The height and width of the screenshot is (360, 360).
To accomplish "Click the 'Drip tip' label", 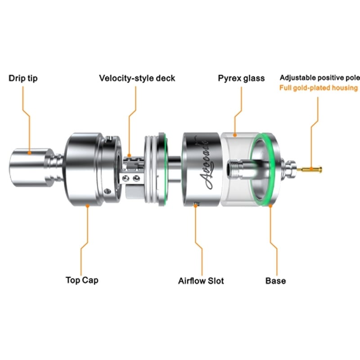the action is [x=23, y=78].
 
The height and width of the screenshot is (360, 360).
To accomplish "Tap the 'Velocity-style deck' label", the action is [x=137, y=78].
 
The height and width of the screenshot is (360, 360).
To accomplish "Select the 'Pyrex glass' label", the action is [x=241, y=78].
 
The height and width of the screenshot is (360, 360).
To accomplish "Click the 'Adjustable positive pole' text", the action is [x=320, y=78].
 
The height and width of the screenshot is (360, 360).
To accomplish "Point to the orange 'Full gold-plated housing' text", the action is [x=319, y=88].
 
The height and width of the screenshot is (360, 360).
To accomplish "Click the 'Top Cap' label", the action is [x=82, y=280].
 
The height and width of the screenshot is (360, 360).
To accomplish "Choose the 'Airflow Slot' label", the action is [x=201, y=281].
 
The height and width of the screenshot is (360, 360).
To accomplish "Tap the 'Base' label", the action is [x=275, y=281].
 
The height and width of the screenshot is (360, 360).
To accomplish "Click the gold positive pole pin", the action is [x=310, y=170].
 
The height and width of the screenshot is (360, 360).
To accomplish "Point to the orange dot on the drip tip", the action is [x=29, y=153].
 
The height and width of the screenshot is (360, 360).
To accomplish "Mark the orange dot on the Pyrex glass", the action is [x=235, y=135].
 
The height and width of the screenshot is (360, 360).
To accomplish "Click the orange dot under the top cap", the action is [x=87, y=206].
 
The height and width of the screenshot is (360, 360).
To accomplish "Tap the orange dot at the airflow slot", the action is [x=195, y=206].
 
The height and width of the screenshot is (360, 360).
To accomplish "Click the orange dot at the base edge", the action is [x=270, y=206].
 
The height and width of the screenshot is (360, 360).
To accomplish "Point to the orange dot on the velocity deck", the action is [x=129, y=156].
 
